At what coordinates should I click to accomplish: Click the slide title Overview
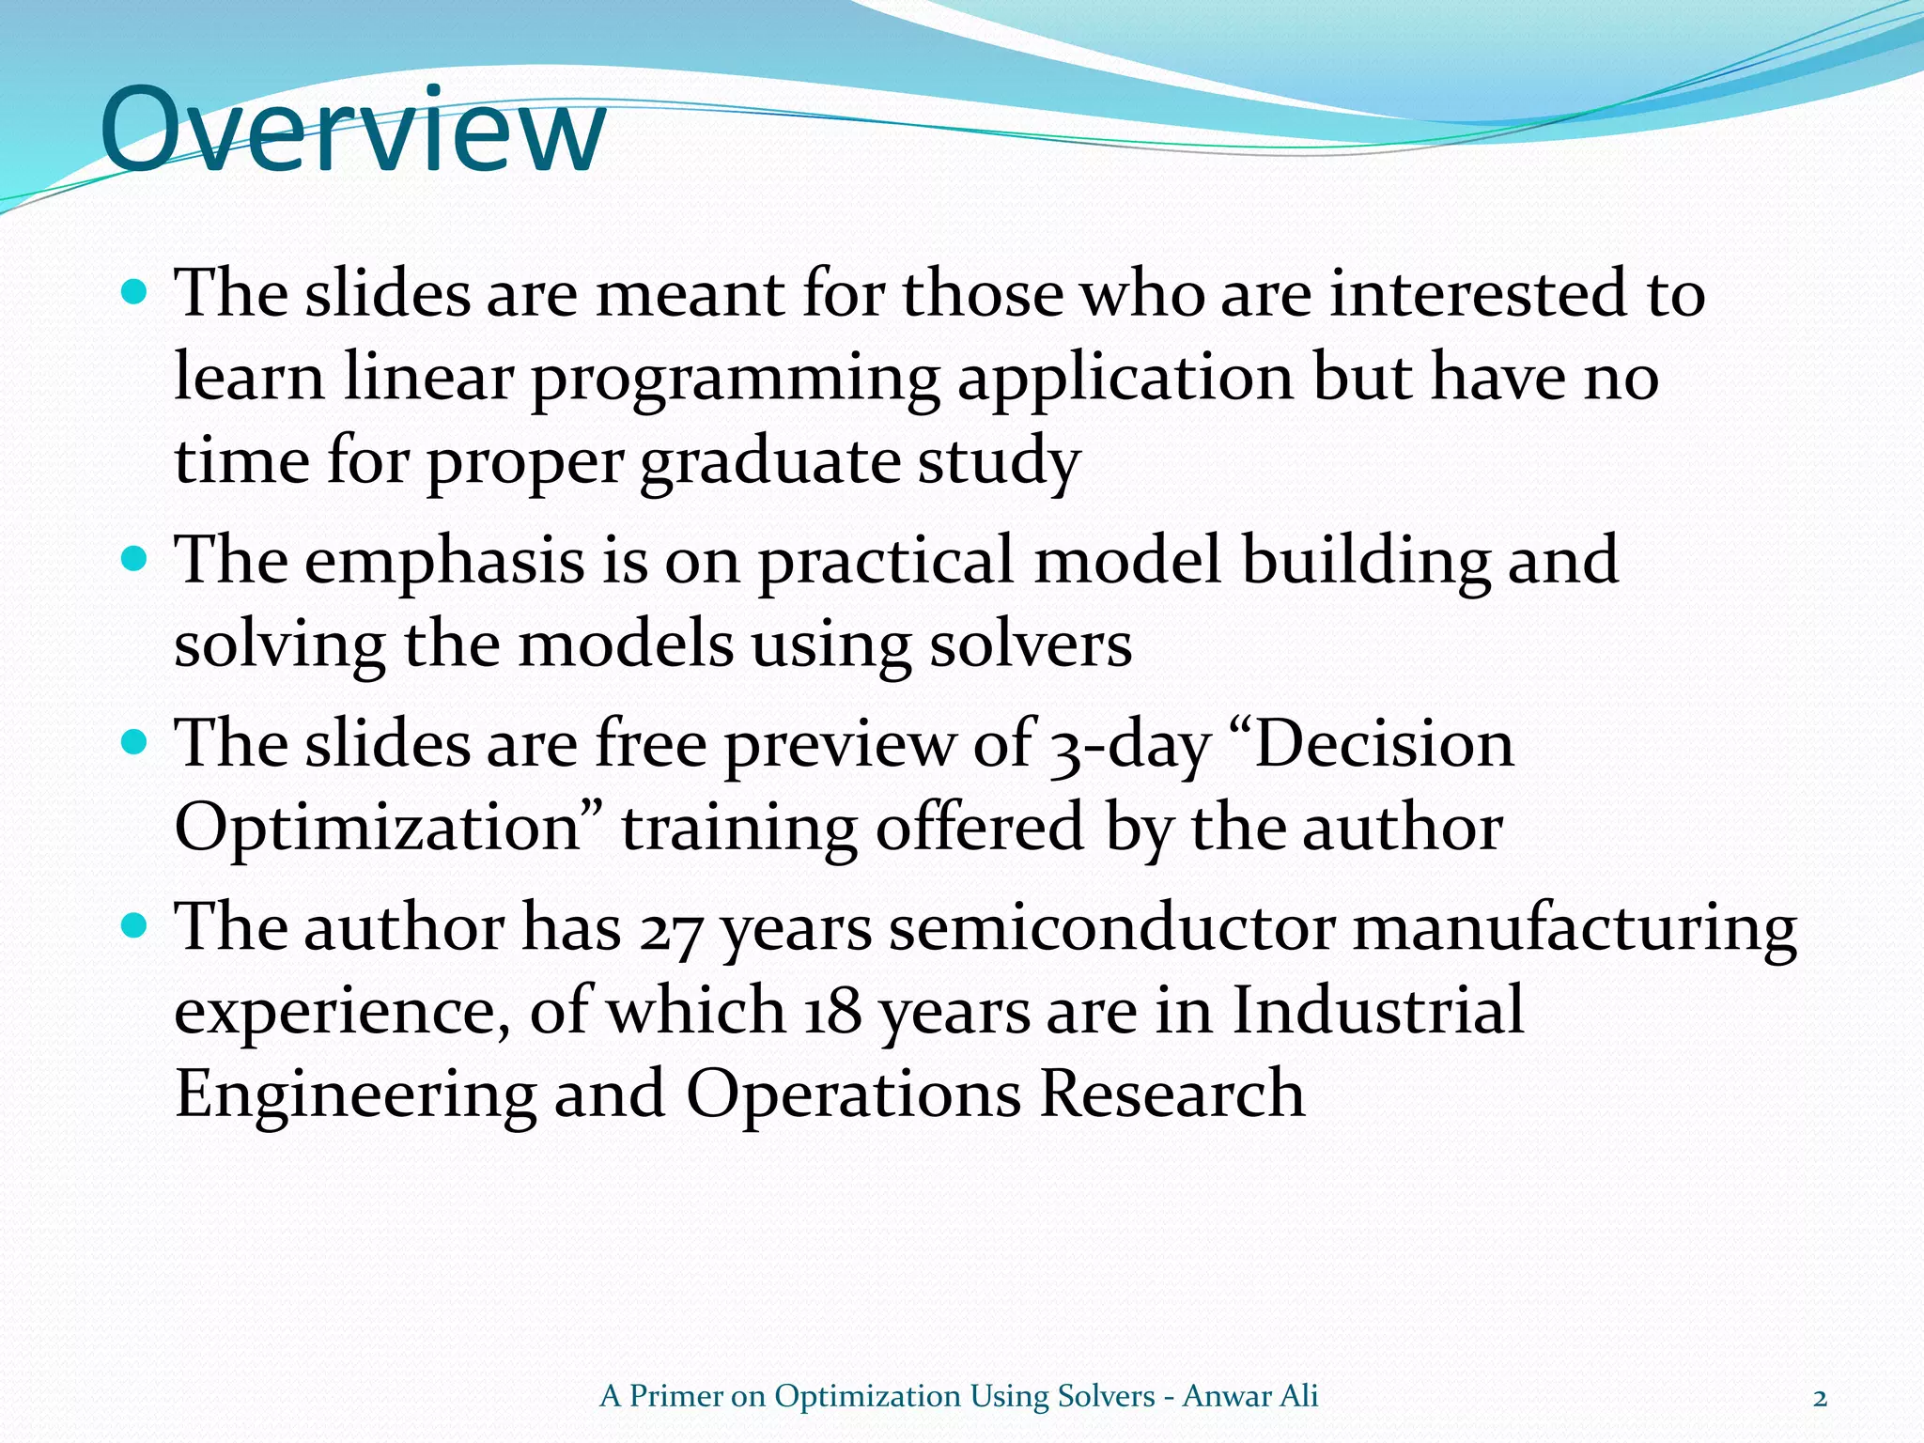click(x=352, y=132)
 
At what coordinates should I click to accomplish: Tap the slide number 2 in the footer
click(x=1820, y=1398)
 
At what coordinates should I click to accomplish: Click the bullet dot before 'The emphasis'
click(x=136, y=560)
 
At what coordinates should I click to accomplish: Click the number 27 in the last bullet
click(x=671, y=930)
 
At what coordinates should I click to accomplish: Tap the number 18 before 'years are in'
click(x=831, y=1013)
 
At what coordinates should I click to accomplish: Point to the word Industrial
click(x=1377, y=1011)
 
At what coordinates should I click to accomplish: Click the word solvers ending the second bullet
click(x=1031, y=646)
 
